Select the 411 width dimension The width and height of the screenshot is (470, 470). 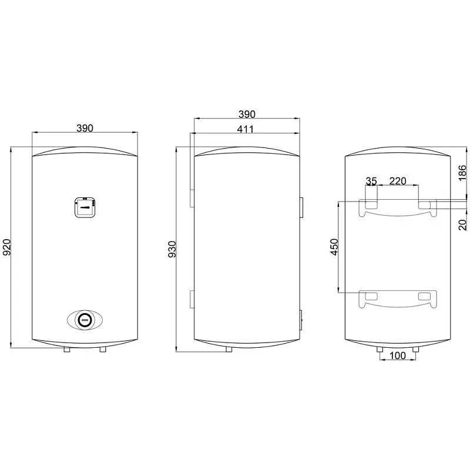(246, 129)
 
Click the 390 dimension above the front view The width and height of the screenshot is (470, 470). (85, 128)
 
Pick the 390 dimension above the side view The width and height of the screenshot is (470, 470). (246, 114)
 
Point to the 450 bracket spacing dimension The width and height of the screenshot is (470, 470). (334, 246)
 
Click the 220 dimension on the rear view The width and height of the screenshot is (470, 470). (398, 181)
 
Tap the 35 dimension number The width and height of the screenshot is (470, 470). (371, 181)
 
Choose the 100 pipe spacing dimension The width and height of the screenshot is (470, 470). (398, 356)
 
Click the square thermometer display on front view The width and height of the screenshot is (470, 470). (85, 207)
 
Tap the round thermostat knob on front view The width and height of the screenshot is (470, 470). (85, 320)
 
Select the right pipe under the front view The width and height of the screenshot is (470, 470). (103, 350)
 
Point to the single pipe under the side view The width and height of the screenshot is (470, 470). (228, 350)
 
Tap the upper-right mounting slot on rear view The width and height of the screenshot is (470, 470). (424, 204)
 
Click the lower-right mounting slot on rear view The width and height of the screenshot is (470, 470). (424, 297)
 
